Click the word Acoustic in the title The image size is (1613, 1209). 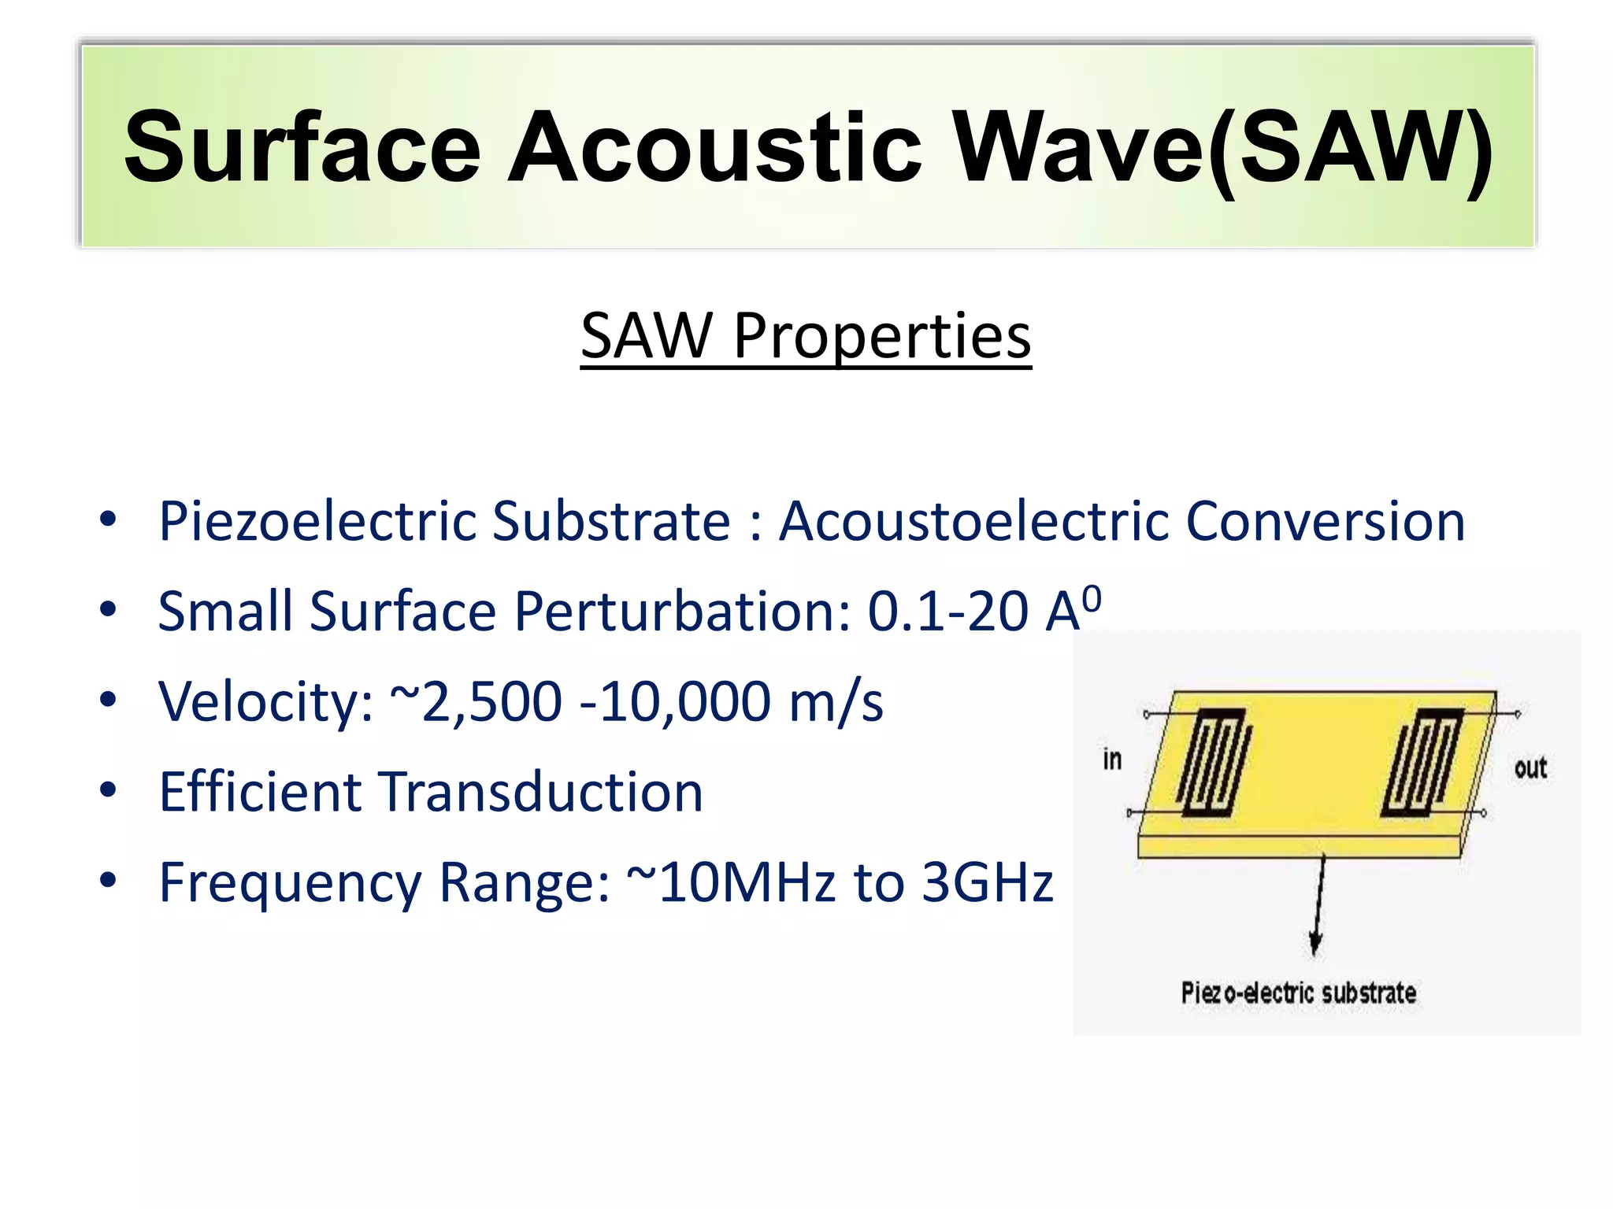pyautogui.click(x=714, y=148)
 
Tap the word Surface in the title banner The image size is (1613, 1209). pyautogui.click(x=302, y=148)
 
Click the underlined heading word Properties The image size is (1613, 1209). pyautogui.click(x=881, y=337)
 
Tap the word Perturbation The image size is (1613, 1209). pyautogui.click(x=682, y=612)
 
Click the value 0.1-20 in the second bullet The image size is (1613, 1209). pyautogui.click(x=947, y=612)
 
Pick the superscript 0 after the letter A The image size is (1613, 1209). pyautogui.click(x=1092, y=599)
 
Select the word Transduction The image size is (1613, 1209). pyautogui.click(x=542, y=792)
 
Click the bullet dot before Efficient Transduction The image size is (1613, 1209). pyautogui.click(x=108, y=789)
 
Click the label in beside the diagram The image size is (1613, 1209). pyautogui.click(x=1111, y=760)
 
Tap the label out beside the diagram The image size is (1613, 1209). pyautogui.click(x=1530, y=767)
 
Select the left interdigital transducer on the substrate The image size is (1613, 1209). pyautogui.click(x=1214, y=762)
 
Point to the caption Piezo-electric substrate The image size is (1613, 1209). pyautogui.click(x=1298, y=993)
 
